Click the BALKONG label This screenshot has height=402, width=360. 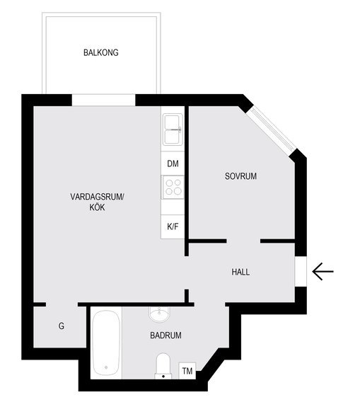101,52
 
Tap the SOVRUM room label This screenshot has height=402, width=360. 240,176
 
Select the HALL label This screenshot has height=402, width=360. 240,272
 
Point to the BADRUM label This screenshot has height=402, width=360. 166,335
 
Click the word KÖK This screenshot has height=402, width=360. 97,207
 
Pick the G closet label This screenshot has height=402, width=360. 62,326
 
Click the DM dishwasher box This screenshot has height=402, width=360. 173,163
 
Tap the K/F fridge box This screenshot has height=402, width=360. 173,226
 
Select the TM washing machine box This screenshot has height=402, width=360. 187,370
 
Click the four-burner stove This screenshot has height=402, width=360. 173,187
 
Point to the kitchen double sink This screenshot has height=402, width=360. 173,130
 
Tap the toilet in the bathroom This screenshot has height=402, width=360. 163,366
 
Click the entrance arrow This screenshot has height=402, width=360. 323,271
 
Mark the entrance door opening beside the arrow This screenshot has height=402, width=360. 301,271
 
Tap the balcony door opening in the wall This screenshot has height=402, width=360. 103,100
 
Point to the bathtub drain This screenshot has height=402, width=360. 106,367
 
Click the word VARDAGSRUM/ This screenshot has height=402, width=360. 97,197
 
